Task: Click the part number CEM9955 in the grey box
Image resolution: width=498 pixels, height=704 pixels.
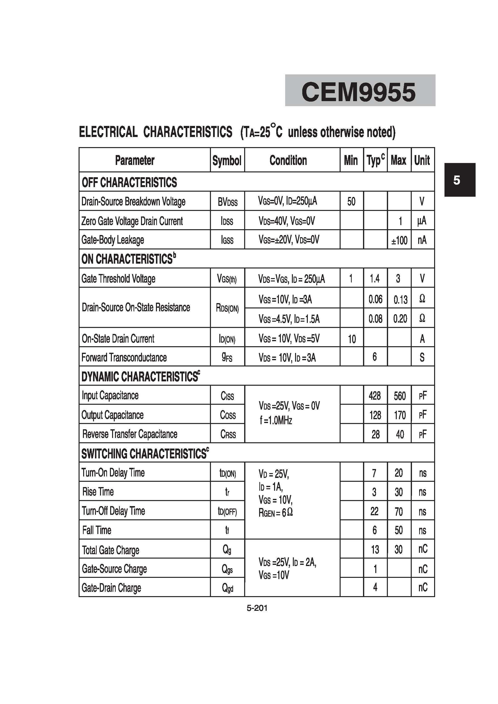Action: (x=359, y=92)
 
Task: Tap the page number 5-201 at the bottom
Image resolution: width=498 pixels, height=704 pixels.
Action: (x=257, y=608)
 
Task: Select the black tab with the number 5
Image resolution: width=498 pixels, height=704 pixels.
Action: (x=460, y=180)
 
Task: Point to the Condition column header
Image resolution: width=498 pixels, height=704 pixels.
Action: (x=288, y=160)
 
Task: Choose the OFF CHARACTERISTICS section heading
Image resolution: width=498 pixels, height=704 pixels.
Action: (x=129, y=183)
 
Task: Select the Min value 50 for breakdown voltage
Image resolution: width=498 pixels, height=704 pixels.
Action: (x=351, y=202)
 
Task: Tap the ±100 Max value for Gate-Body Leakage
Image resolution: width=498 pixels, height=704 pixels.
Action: (x=399, y=240)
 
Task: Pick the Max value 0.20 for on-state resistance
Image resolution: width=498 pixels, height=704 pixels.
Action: (x=400, y=319)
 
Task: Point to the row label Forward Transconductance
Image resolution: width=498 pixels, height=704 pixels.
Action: (x=124, y=358)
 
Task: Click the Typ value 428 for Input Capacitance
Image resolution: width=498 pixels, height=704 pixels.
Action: (x=375, y=396)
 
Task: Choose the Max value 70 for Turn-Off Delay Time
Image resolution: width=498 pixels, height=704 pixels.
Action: (x=398, y=511)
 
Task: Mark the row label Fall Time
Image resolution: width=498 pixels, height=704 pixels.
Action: (x=97, y=530)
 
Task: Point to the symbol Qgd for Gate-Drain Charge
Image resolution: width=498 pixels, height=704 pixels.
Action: (x=228, y=588)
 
